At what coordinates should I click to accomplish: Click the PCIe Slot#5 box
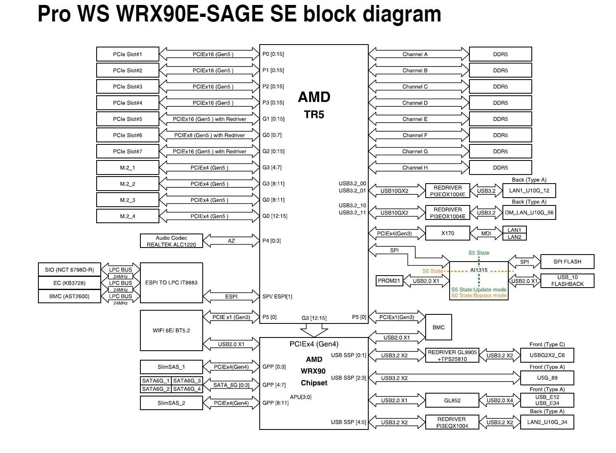pyautogui.click(x=128, y=119)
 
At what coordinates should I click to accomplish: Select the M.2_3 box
pyautogui.click(x=128, y=200)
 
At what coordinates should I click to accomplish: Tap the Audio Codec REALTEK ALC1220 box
pyautogui.click(x=171, y=241)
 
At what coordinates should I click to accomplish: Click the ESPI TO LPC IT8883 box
pyautogui.click(x=171, y=283)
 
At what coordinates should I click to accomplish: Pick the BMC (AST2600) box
pyautogui.click(x=69, y=296)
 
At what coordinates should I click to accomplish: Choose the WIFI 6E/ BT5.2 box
pyautogui.click(x=171, y=330)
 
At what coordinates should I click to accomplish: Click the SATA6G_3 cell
pyautogui.click(x=187, y=381)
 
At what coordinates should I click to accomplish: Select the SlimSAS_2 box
pyautogui.click(x=171, y=403)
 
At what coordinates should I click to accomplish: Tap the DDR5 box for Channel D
pyautogui.click(x=500, y=103)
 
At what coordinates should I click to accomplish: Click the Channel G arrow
pyautogui.click(x=415, y=151)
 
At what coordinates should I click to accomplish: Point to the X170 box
pyautogui.click(x=448, y=233)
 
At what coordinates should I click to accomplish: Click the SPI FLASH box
pyautogui.click(x=567, y=262)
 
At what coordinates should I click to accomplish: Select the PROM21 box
pyautogui.click(x=389, y=281)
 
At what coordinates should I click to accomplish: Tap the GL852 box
pyautogui.click(x=452, y=400)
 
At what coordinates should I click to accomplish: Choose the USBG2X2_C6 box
pyautogui.click(x=547, y=355)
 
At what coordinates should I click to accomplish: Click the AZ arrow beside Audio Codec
pyautogui.click(x=231, y=241)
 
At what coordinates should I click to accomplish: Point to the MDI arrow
pyautogui.click(x=486, y=234)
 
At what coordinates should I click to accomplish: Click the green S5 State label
pyautogui.click(x=479, y=253)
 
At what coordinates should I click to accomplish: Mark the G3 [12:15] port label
pyautogui.click(x=314, y=318)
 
